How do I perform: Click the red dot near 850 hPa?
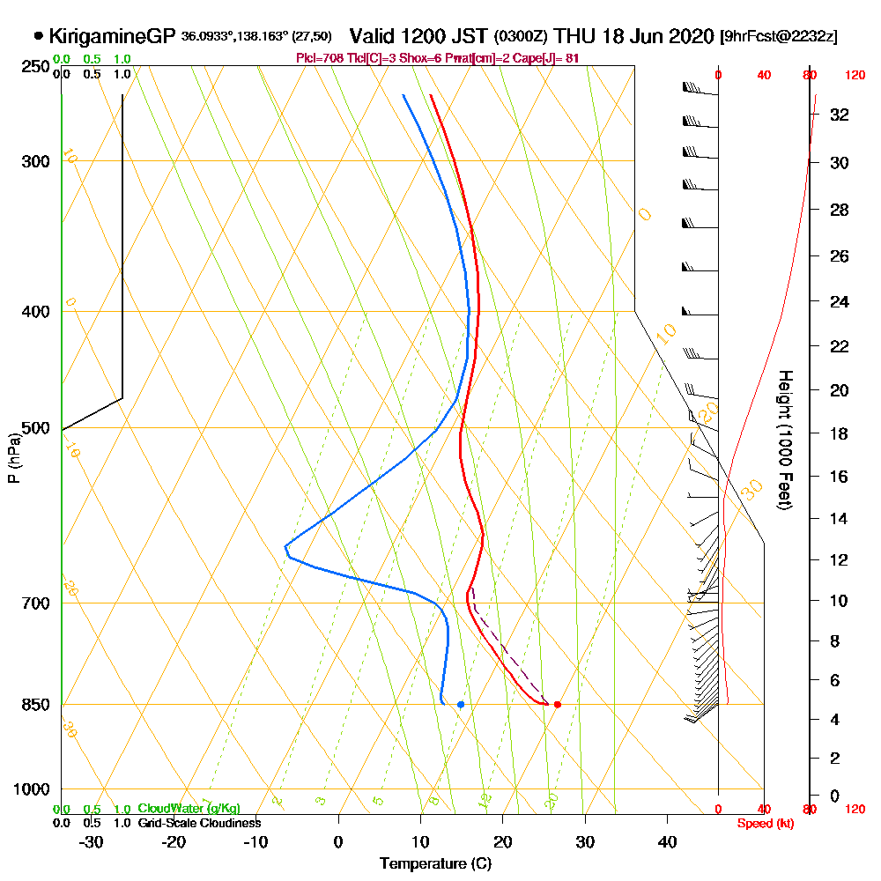557,704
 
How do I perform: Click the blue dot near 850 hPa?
461,704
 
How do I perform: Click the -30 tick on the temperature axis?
92,841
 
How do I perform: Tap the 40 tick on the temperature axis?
668,841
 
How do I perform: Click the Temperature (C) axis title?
435,863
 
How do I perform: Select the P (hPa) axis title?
13,457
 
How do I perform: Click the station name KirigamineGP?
113,36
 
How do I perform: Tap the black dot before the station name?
38,36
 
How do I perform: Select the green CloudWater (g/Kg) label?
188,809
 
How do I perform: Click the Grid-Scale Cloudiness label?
198,823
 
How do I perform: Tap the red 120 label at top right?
855,76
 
